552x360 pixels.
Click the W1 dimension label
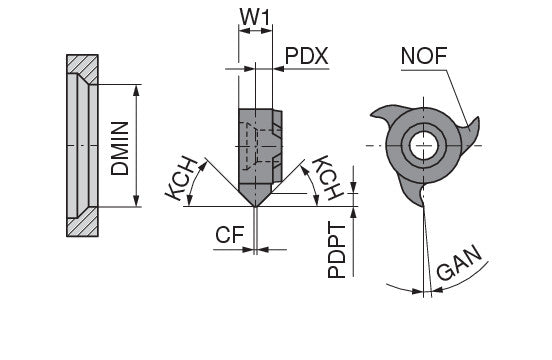click(255, 17)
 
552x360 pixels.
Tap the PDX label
click(306, 56)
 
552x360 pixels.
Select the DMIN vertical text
click(120, 148)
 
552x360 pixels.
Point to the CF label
click(230, 235)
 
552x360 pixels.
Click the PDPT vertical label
click(337, 250)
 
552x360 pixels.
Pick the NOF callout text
click(424, 56)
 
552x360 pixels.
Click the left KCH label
click(182, 179)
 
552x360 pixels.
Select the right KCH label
click(327, 177)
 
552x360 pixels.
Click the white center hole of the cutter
click(424, 145)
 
